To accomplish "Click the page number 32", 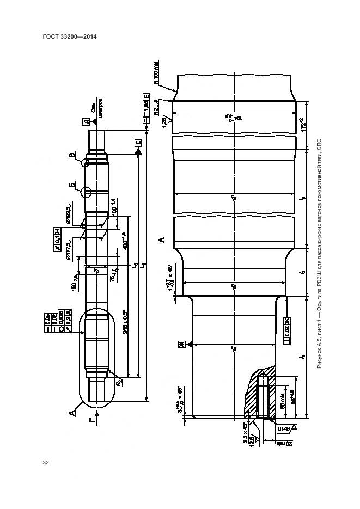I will (x=46, y=463).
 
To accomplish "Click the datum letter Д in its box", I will (x=86, y=122).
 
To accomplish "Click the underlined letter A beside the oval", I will (x=72, y=412).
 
